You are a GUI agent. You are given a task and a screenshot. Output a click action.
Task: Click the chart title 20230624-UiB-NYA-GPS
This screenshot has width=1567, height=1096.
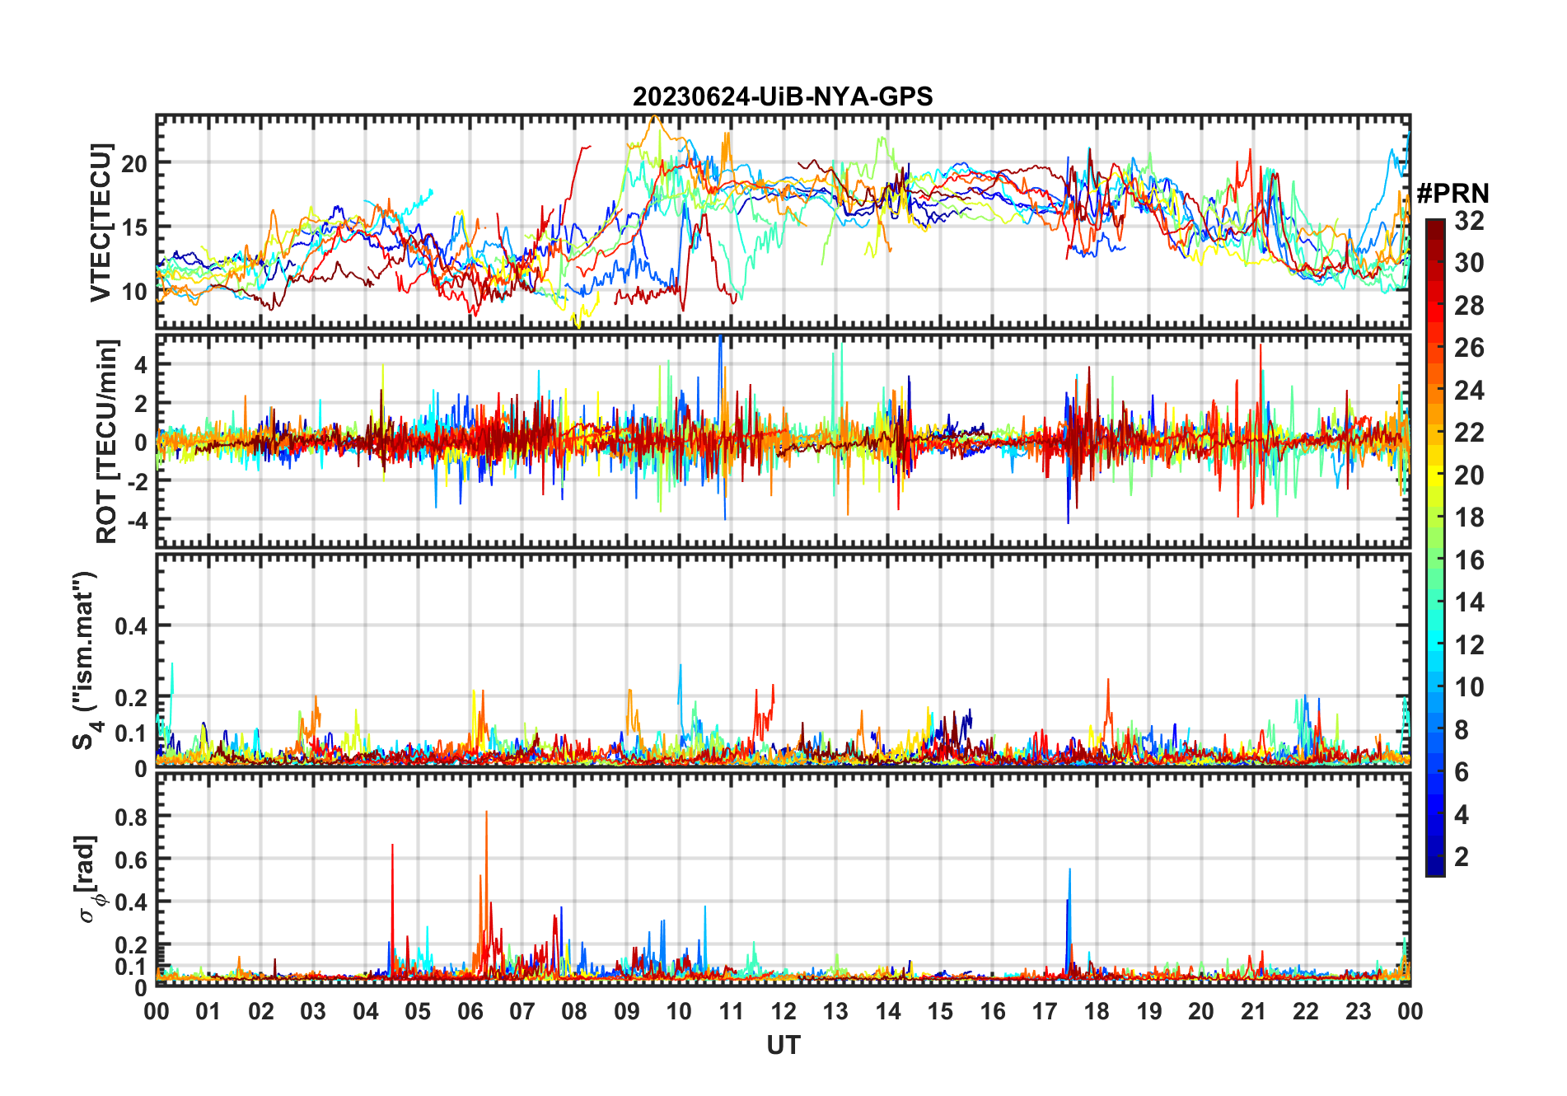[x=783, y=97]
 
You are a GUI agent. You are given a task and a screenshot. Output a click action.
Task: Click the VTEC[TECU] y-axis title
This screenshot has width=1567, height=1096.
[x=101, y=222]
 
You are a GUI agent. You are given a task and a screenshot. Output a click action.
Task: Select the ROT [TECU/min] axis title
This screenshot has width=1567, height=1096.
[x=107, y=441]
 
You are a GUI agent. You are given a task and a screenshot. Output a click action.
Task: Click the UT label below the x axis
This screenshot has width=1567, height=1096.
[x=783, y=1046]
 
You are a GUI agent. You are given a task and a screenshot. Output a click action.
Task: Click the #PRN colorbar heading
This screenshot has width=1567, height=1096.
[x=1452, y=194]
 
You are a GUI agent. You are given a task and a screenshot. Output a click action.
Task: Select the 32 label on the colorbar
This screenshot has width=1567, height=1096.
[x=1469, y=221]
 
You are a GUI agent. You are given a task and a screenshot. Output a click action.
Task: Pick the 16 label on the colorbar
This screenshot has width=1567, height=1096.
[x=1469, y=560]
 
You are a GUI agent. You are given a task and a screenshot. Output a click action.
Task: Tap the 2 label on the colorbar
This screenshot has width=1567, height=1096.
[x=1462, y=857]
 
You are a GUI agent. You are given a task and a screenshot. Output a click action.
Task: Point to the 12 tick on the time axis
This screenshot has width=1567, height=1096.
[x=783, y=1012]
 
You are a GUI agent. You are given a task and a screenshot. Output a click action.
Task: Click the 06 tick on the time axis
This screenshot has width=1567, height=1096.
[x=470, y=1012]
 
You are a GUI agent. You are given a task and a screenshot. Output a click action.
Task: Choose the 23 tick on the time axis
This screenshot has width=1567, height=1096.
[x=1358, y=1012]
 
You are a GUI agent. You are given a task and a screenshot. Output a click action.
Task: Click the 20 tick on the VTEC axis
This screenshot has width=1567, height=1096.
[x=134, y=163]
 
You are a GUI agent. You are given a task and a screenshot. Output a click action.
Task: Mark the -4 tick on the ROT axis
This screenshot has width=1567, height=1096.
[x=135, y=520]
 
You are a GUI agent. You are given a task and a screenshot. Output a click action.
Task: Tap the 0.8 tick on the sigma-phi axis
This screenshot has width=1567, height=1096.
[x=132, y=817]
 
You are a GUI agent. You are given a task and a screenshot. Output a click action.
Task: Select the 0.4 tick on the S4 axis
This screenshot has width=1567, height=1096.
[x=132, y=626]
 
